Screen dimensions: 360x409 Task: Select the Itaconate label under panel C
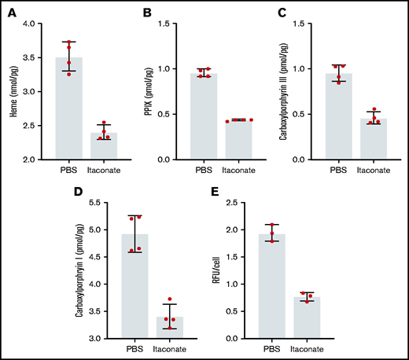tap(371, 170)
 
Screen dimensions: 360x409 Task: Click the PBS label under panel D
tap(136, 348)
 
